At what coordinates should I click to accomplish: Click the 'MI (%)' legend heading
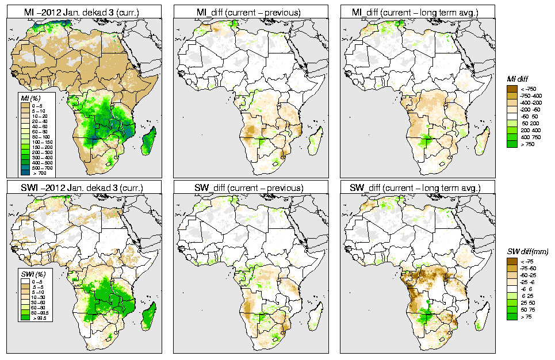point(29,99)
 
